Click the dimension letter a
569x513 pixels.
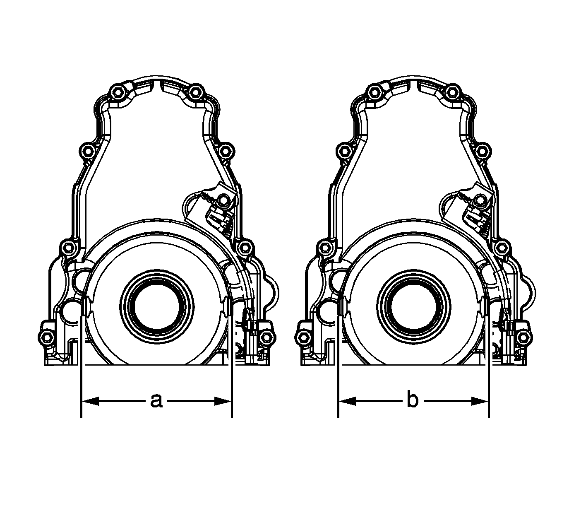pyautogui.click(x=156, y=401)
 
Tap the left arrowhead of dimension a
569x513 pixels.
pyautogui.click(x=90, y=401)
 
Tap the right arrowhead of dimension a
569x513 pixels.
pyautogui.click(x=223, y=401)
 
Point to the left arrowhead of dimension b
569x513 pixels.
pyautogui.click(x=347, y=401)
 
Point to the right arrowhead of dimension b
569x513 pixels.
pyautogui.click(x=480, y=401)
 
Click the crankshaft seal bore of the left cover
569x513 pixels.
pyautogui.click(x=157, y=308)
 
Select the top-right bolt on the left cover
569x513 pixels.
pyautogui.click(x=195, y=92)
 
